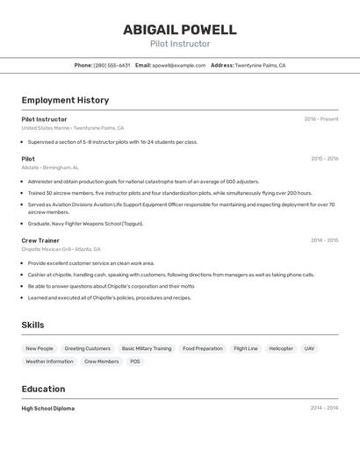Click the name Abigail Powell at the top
pyautogui.click(x=179, y=29)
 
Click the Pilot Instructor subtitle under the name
pyautogui.click(x=179, y=44)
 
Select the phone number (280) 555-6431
pyautogui.click(x=112, y=65)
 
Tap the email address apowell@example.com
pyautogui.click(x=178, y=65)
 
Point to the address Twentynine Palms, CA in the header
pyautogui.click(x=260, y=65)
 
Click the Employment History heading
pyautogui.click(x=65, y=100)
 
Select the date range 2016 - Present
pyautogui.click(x=320, y=118)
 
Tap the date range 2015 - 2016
pyautogui.click(x=324, y=159)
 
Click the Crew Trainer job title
pyautogui.click(x=40, y=240)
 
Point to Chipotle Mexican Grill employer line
pyautogui.click(x=61, y=248)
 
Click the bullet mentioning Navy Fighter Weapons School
pyautogui.click(x=85, y=223)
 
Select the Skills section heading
pyautogui.click(x=32, y=325)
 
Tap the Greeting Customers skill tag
pyautogui.click(x=87, y=348)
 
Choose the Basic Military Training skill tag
pyautogui.click(x=147, y=348)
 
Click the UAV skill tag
pyautogui.click(x=309, y=348)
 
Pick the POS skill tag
pyautogui.click(x=135, y=361)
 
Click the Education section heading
pyautogui.click(x=43, y=389)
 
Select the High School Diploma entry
pyautogui.click(x=47, y=408)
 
